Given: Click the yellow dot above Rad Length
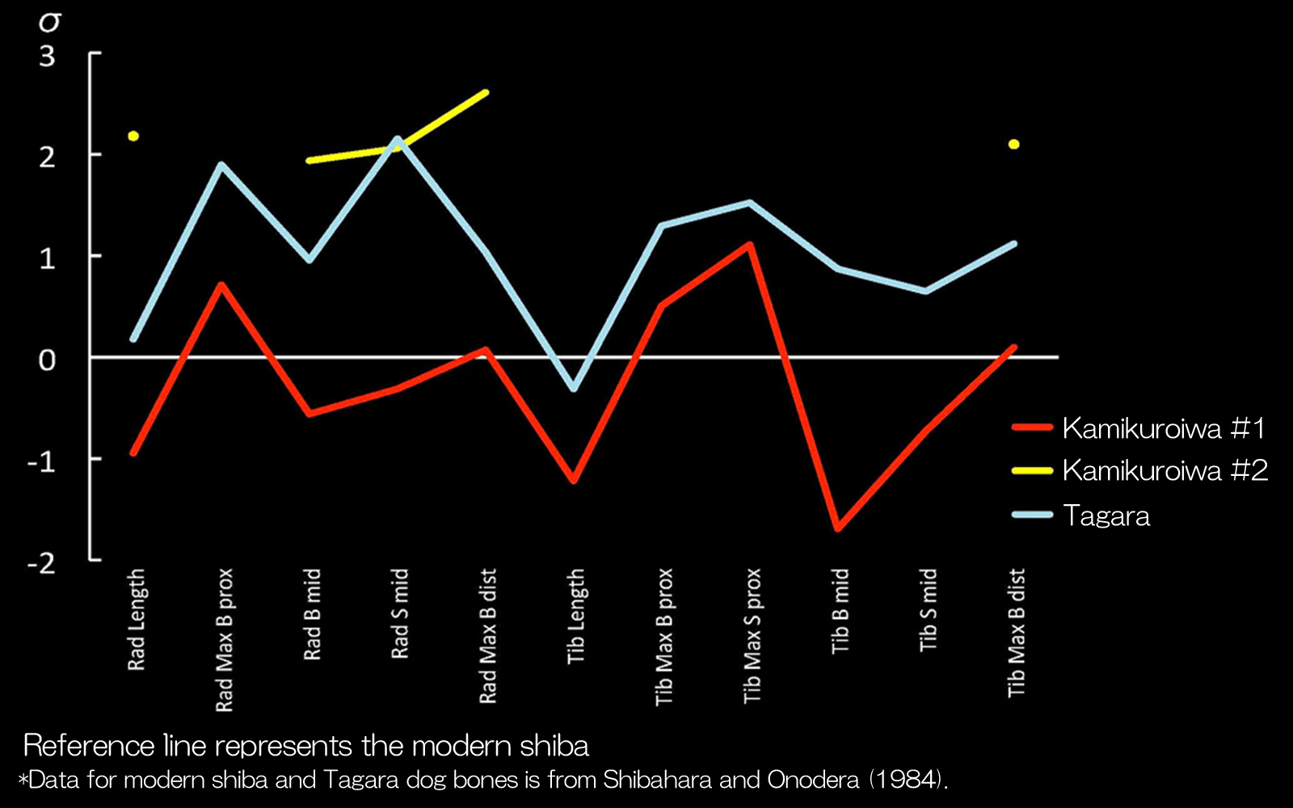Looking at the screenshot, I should point(133,136).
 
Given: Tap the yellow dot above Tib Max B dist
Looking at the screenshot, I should point(1013,145).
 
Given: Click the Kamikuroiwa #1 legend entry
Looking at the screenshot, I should point(1163,428).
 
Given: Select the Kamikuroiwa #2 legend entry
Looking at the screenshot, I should point(1165,470).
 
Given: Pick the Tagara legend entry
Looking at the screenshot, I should point(1106,516).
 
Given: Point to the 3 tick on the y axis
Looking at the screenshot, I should point(48,56).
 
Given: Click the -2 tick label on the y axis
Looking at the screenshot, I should point(42,562).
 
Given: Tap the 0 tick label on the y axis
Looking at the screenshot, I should point(48,360).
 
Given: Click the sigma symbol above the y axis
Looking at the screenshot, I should point(50,22).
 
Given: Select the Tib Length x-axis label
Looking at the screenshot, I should point(575,617).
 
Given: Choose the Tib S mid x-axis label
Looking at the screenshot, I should point(928,610).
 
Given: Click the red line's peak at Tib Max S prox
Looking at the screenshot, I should point(751,244).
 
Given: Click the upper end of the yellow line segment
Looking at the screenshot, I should point(485,93).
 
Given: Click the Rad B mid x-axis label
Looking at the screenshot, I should point(312,614).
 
